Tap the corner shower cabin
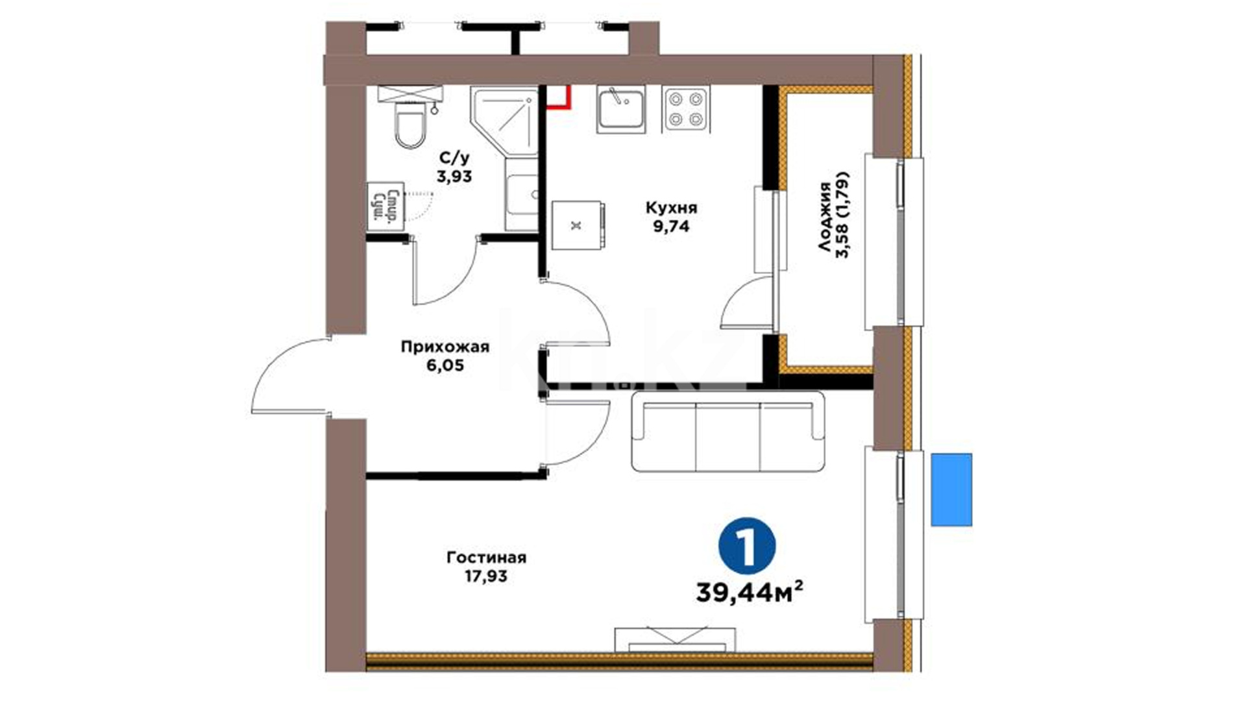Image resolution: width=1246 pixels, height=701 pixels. (x=504, y=121)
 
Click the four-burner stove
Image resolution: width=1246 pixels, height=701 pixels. (x=686, y=108)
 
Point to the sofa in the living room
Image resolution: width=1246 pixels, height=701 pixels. (x=728, y=431)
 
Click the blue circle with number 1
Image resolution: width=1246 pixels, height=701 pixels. (x=747, y=546)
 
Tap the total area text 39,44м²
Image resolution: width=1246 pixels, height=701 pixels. (x=750, y=592)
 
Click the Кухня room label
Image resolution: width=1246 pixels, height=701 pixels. (x=671, y=208)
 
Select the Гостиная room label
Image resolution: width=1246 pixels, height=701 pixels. (x=486, y=558)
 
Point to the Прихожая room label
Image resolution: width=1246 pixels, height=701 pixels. (x=445, y=347)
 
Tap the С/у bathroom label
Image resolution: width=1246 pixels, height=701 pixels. (x=454, y=158)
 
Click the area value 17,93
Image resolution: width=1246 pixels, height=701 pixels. (x=486, y=576)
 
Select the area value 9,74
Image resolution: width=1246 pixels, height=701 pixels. (x=671, y=226)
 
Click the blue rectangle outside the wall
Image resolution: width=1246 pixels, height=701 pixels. (x=951, y=489)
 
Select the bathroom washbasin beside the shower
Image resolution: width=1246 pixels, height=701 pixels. (x=522, y=194)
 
